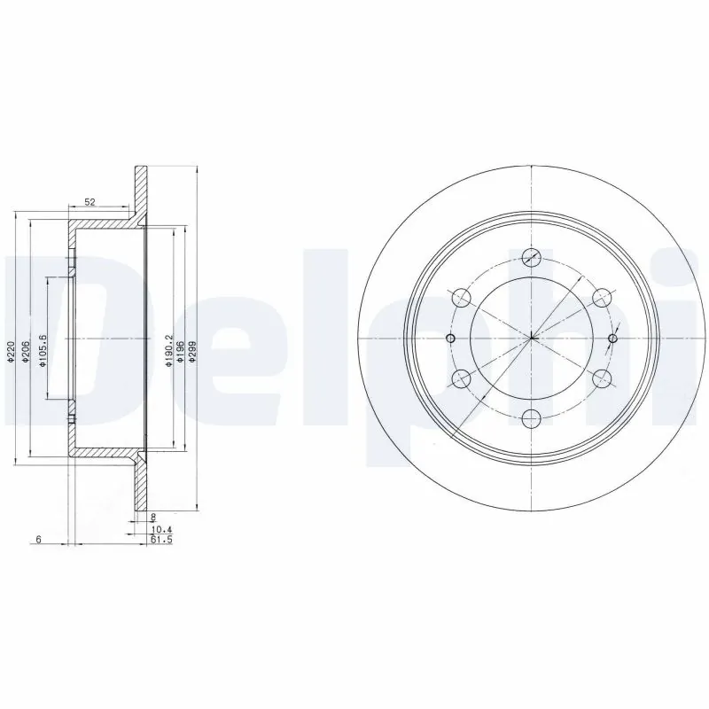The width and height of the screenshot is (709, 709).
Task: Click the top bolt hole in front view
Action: tap(532, 257)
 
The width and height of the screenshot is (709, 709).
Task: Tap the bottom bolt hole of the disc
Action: tap(532, 418)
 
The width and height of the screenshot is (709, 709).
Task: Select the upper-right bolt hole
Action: tap(602, 297)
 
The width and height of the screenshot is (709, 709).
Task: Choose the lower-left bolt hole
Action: tap(462, 378)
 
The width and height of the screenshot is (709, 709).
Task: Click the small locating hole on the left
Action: tap(450, 339)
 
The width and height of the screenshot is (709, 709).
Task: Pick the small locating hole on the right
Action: tap(613, 338)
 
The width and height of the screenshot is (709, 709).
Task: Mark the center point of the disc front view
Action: tap(532, 338)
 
